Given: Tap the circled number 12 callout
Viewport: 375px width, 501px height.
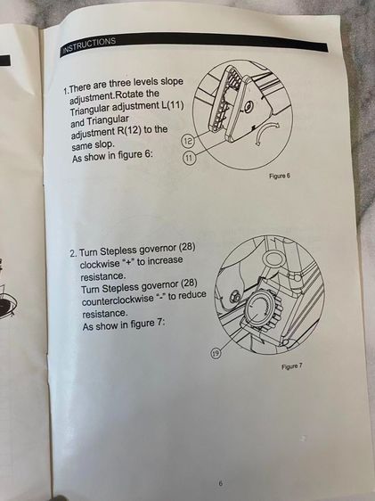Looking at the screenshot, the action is [187, 141].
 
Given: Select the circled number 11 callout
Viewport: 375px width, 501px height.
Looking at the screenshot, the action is [189, 158].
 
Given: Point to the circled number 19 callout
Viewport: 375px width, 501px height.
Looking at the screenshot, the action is [216, 353].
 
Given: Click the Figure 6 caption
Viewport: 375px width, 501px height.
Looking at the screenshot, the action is [280, 176].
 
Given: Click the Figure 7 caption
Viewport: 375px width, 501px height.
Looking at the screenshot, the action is [291, 366].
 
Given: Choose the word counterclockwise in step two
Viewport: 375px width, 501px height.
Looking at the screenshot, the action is [118, 299].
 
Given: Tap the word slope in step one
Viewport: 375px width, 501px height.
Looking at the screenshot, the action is [172, 82].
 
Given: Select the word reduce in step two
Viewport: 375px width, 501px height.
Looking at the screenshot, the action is [192, 295].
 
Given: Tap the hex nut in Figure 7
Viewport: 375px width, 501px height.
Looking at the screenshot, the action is [234, 296].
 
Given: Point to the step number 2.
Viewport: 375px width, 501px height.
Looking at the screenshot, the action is [73, 254].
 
